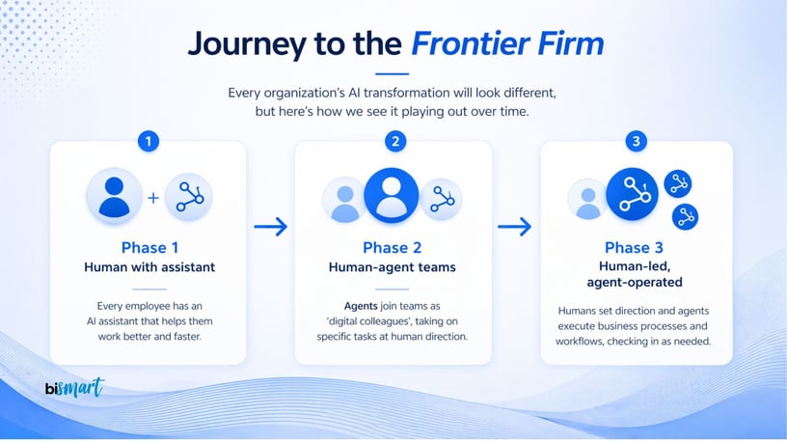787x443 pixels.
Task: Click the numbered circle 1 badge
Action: click(149, 142)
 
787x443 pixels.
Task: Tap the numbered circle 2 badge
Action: click(394, 142)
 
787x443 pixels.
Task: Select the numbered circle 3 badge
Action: click(635, 142)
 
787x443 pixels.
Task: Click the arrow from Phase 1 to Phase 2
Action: click(271, 227)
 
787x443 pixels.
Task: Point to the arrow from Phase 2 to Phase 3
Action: click(515, 227)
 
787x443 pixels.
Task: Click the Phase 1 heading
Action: click(149, 248)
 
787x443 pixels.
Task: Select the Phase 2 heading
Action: click(393, 248)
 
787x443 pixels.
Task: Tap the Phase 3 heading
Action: click(636, 248)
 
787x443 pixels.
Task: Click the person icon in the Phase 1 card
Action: click(115, 196)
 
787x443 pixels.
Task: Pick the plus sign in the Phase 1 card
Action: click(152, 198)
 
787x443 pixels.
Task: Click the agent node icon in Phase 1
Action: click(188, 197)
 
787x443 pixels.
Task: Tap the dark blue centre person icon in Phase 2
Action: click(392, 196)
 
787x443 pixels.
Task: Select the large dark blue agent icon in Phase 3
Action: click(633, 195)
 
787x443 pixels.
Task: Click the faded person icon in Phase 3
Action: click(588, 200)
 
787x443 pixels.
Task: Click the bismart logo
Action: click(73, 389)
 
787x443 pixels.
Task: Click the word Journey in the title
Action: click(246, 44)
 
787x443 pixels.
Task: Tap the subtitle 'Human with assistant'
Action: click(149, 267)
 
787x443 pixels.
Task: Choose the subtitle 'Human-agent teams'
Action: click(393, 267)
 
